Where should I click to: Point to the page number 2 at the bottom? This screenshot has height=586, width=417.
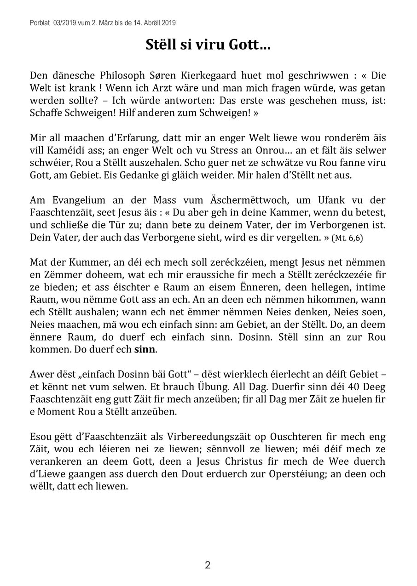point(208,565)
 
